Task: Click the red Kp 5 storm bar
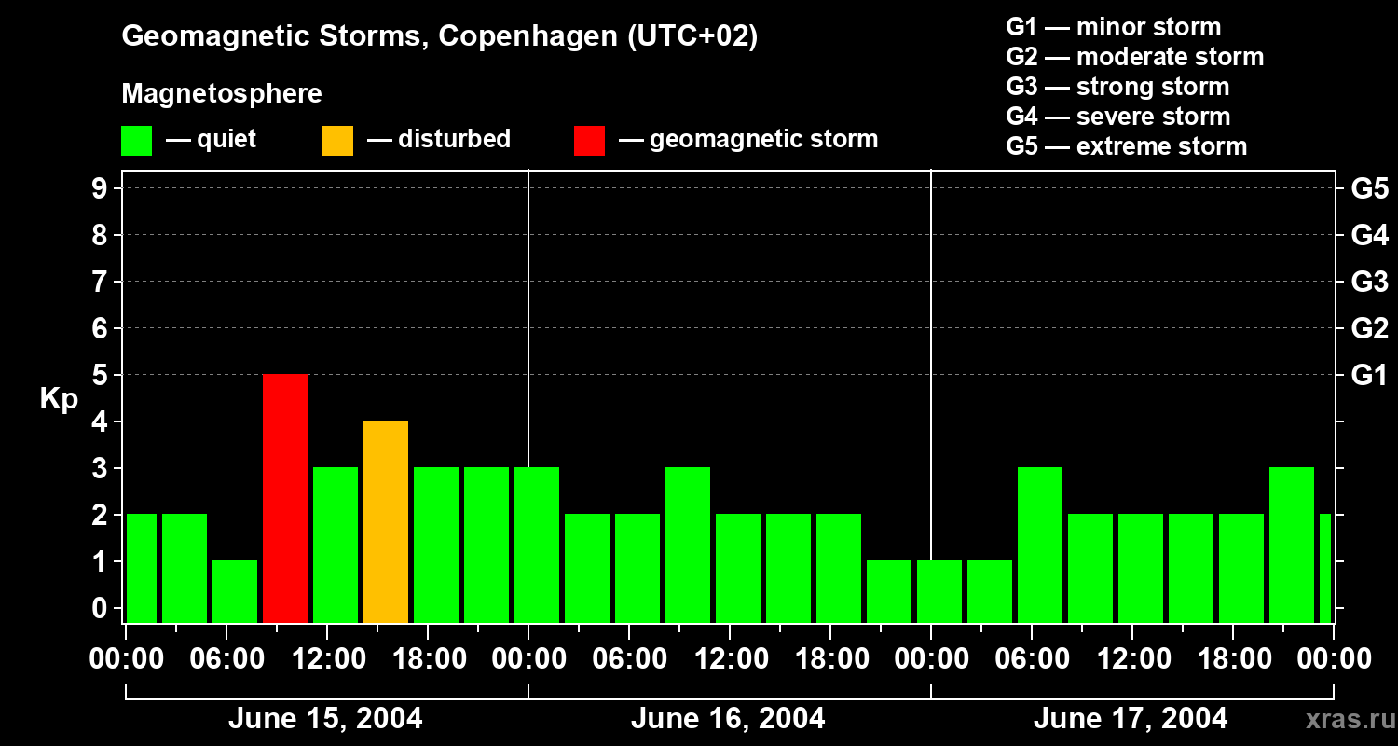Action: [285, 498]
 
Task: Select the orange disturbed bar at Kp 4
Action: [386, 521]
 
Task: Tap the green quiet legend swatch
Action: [136, 141]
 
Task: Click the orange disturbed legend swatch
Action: [337, 141]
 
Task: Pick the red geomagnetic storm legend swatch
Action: [589, 141]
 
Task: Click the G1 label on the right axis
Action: [1369, 376]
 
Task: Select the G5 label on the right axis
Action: [1369, 189]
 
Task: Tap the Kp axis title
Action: [59, 399]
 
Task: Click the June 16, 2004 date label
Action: [728, 719]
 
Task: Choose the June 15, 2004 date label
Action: [325, 719]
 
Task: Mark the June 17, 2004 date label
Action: [1131, 719]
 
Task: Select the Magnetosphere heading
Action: [222, 94]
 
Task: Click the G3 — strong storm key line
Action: [1117, 87]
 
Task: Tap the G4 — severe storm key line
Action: [1118, 117]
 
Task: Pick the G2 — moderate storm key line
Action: [1135, 57]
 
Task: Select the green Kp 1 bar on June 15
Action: [235, 591]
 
